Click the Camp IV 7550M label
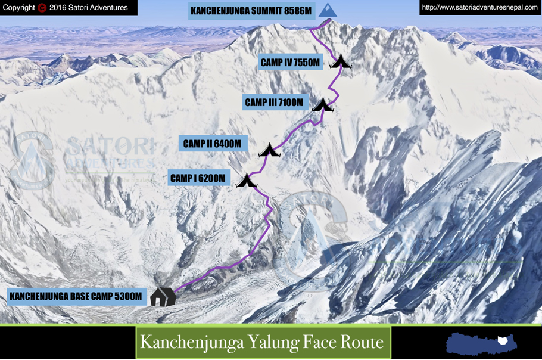(x=291, y=62)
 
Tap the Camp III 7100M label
(x=275, y=103)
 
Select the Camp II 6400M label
(x=212, y=144)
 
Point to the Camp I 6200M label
(x=198, y=178)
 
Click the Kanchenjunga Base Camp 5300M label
(x=76, y=296)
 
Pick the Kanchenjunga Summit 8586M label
(x=251, y=10)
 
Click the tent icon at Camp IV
(x=341, y=61)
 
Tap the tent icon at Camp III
(x=323, y=105)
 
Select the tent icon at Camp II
(x=269, y=150)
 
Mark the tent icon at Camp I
(x=246, y=181)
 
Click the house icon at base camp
(x=163, y=296)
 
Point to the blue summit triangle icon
(x=327, y=10)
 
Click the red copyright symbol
(x=42, y=8)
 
